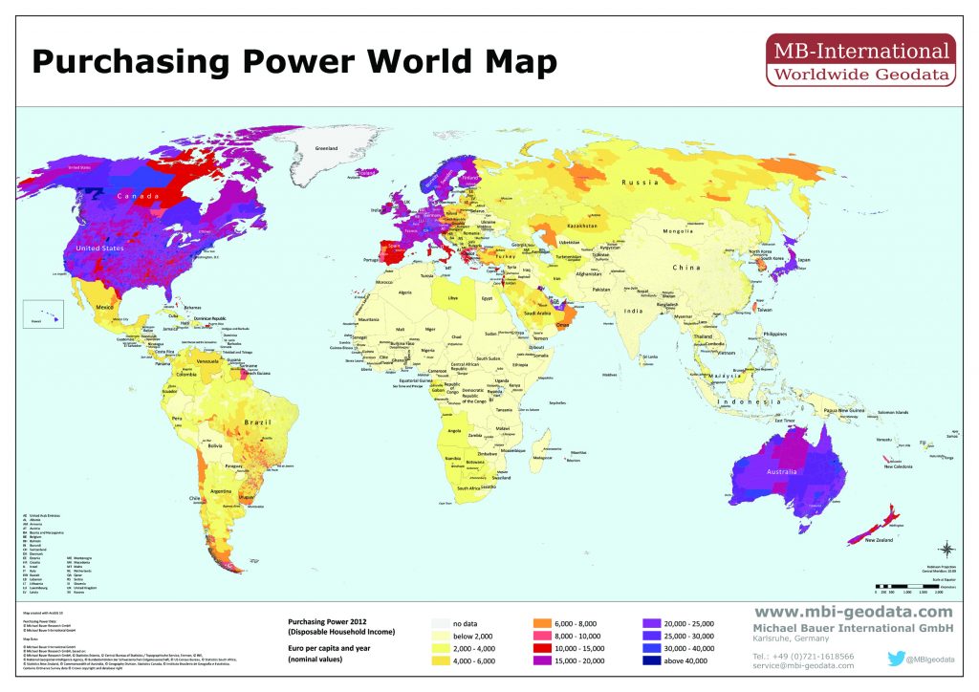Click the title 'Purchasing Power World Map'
[x=294, y=63]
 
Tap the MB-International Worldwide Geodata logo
[x=860, y=61]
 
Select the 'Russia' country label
[x=640, y=182]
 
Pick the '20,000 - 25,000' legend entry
[x=657, y=622]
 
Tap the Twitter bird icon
[x=896, y=658]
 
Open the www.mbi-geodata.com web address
[x=854, y=612]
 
